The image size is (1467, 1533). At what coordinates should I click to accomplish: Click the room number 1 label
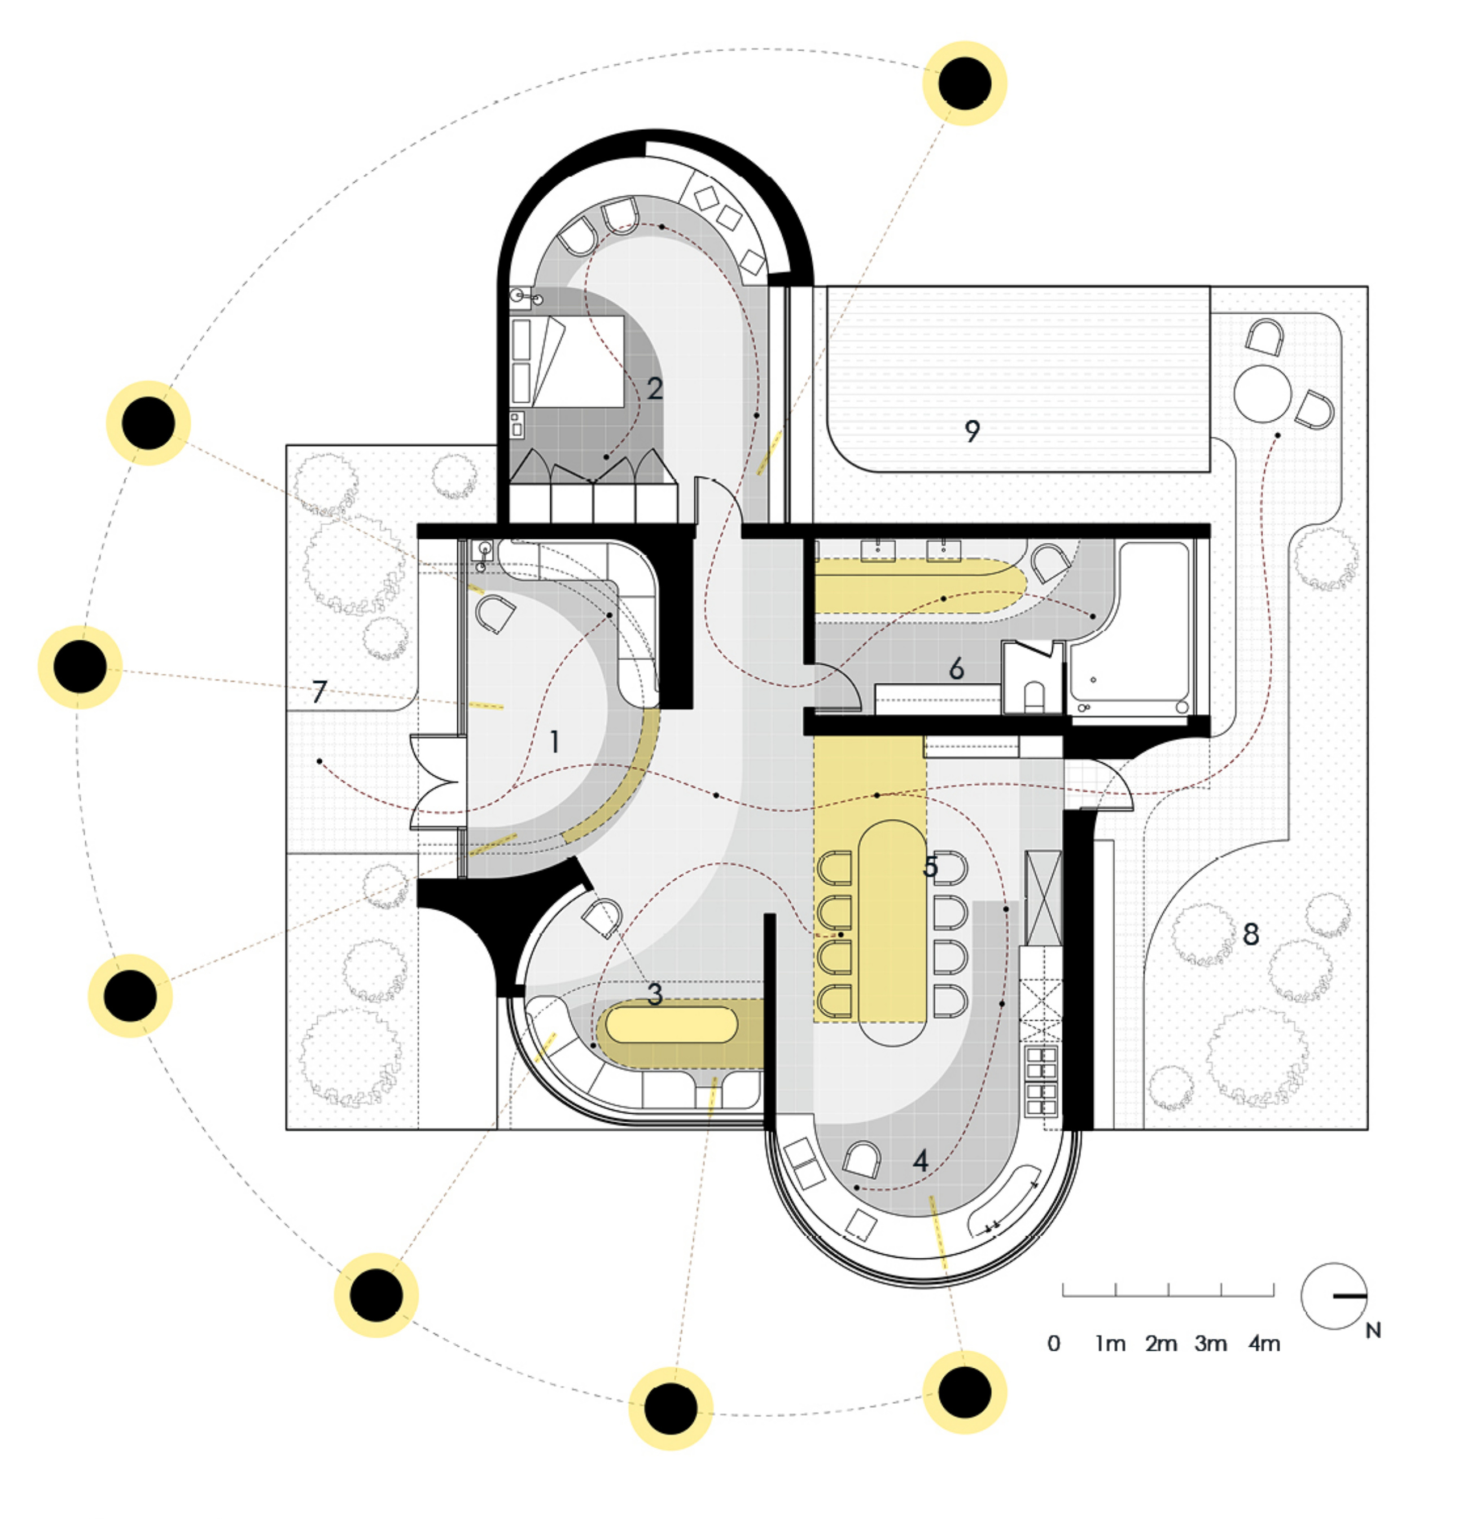point(554,741)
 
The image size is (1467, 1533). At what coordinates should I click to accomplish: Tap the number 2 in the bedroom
point(655,389)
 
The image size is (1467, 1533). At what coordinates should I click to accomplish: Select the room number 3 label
point(655,994)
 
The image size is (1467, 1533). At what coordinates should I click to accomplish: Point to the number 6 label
point(956,669)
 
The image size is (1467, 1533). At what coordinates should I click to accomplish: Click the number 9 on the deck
point(972,431)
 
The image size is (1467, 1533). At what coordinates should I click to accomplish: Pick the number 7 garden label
point(318,692)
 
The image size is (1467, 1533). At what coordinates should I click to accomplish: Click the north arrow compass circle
point(1334,1296)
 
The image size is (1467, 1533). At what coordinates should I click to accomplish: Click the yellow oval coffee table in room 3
point(672,1024)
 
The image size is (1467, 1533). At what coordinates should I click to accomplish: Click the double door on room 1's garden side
point(438,782)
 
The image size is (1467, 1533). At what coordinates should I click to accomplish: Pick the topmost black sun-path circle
point(964,83)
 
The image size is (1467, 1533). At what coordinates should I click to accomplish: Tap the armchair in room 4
point(861,1159)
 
